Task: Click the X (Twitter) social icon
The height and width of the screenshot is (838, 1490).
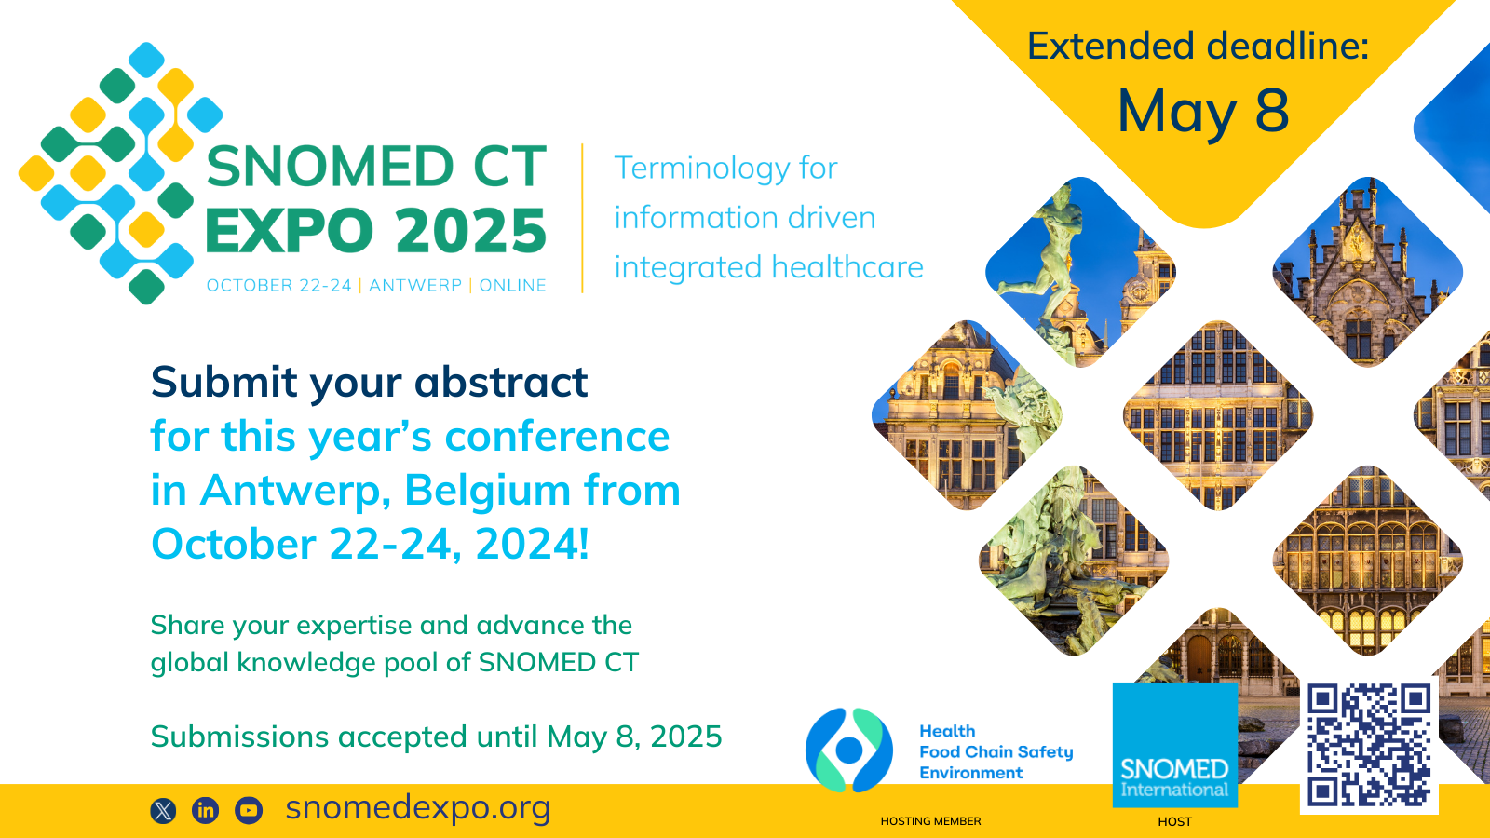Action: tap(164, 811)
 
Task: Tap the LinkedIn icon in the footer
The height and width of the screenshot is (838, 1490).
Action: tap(206, 810)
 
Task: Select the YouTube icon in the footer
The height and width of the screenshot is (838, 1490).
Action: tap(249, 810)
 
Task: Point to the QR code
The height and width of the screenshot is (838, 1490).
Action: tap(1370, 745)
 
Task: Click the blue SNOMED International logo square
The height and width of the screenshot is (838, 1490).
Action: tap(1174, 745)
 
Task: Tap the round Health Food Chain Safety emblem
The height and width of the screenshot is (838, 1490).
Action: tap(848, 750)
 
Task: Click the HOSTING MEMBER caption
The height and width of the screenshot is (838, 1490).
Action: tap(930, 821)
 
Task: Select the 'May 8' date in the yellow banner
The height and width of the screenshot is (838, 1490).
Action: tap(1203, 111)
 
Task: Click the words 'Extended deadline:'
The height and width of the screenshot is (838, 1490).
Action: tap(1198, 47)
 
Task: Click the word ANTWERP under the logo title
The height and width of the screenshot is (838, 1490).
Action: tap(415, 285)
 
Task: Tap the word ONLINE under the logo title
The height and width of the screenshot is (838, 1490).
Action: tap(513, 285)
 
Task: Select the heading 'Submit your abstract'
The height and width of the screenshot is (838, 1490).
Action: tap(369, 383)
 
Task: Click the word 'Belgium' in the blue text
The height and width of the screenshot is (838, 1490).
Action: tap(487, 491)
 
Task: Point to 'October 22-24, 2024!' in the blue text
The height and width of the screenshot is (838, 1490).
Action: tap(370, 545)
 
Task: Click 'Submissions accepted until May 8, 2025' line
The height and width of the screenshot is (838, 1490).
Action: tap(437, 737)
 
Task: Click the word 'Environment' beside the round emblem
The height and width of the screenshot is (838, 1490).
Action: tap(971, 773)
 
